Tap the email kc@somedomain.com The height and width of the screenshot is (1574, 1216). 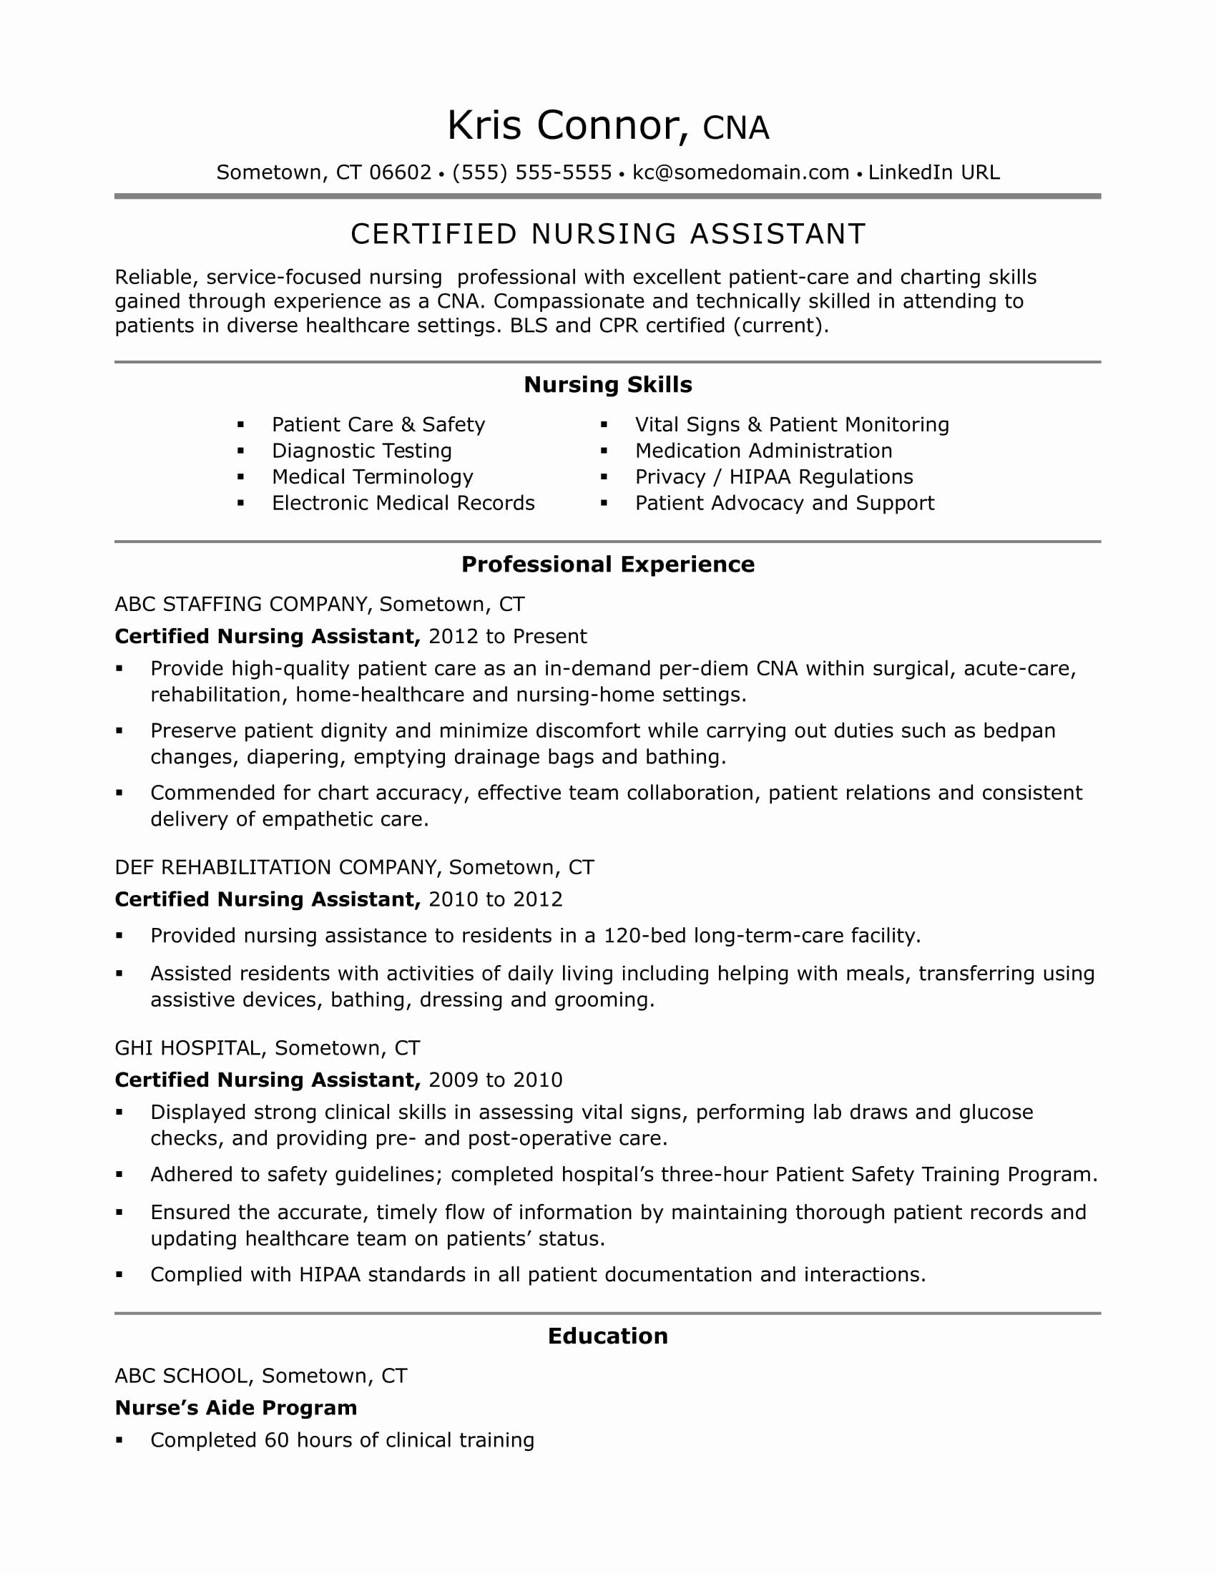[740, 172]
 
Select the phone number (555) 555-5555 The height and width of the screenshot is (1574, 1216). [531, 172]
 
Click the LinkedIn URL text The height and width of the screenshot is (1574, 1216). [933, 172]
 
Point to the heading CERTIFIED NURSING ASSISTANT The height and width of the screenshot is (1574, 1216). [608, 234]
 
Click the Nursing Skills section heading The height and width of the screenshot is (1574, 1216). [608, 385]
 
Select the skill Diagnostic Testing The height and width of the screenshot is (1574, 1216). [362, 451]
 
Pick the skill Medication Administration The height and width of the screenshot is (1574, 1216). [764, 451]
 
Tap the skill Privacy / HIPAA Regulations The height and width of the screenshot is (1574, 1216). [774, 477]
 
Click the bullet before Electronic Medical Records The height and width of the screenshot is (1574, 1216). [241, 503]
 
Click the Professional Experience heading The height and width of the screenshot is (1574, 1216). [608, 564]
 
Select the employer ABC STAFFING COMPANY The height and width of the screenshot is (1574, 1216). [242, 604]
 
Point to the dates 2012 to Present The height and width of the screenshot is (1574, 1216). [507, 636]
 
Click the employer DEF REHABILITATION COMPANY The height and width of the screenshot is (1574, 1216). [277, 867]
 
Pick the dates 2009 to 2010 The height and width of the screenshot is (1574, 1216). [495, 1080]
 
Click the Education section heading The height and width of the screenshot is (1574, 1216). [608, 1336]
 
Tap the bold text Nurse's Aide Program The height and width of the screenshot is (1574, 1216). [235, 1407]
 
